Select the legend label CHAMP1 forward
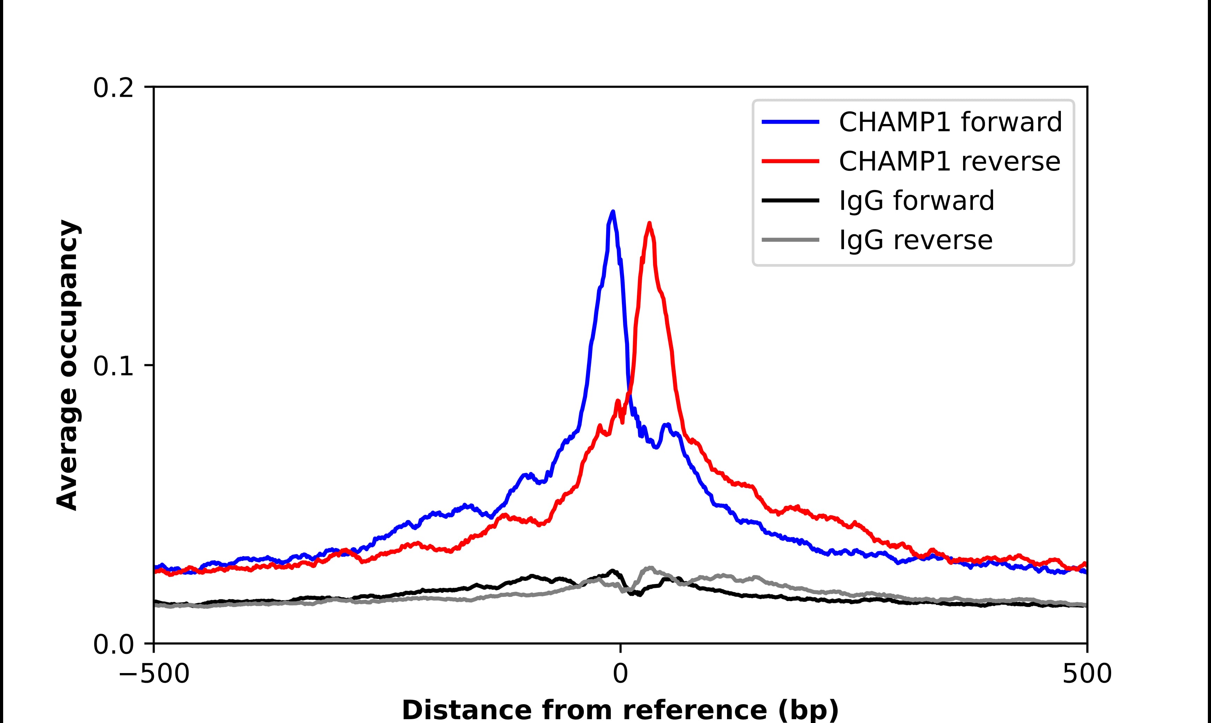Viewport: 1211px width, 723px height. [950, 122]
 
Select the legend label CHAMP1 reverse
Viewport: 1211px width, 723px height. [949, 161]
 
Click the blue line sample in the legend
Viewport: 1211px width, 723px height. [790, 122]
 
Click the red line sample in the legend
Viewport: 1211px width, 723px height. [790, 161]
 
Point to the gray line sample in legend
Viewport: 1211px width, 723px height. [790, 240]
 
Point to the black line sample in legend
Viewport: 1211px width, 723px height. [790, 200]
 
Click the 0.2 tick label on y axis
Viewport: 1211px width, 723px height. [113, 88]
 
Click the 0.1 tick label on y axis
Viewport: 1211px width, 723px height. [113, 366]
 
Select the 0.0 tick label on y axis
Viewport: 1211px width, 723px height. [113, 644]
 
